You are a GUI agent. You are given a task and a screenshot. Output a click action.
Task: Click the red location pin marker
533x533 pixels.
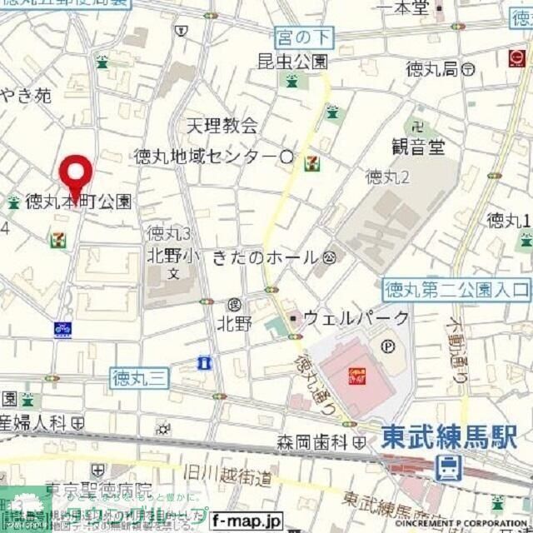point(77,175)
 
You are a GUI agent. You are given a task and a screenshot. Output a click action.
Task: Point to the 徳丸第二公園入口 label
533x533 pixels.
point(457,290)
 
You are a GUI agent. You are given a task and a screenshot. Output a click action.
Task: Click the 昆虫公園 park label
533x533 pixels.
point(292,61)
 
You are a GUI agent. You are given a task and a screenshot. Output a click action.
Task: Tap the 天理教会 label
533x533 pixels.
point(222,126)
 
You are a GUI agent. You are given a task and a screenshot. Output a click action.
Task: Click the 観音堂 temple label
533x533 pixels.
point(418,147)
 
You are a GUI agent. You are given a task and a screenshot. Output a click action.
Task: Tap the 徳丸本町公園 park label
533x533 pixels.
point(77,202)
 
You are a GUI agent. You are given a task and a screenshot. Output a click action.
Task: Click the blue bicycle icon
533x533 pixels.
point(62,329)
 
